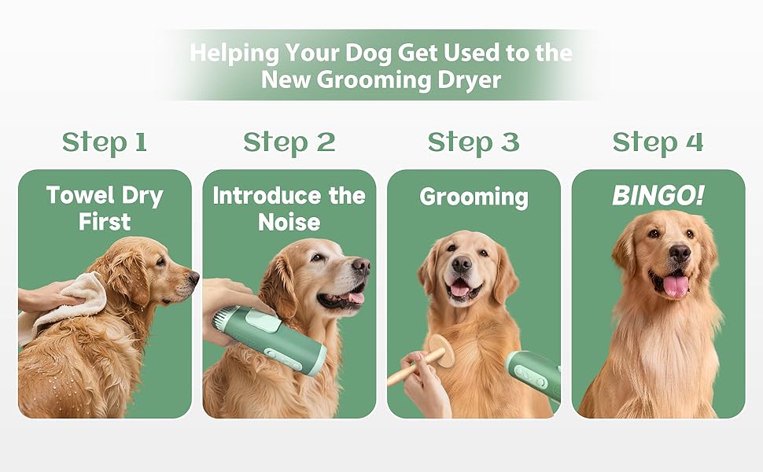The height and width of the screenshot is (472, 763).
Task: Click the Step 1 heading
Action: tap(105, 143)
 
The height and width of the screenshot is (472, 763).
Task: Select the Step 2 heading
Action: tap(289, 143)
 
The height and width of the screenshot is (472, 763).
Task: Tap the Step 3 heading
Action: tap(474, 143)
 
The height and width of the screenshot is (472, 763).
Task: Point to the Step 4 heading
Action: tap(658, 143)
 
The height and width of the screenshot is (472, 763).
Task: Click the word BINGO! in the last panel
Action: tap(658, 196)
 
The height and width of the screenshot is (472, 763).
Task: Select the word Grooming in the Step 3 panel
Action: tap(474, 197)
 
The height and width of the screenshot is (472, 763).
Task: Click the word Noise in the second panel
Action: tap(289, 223)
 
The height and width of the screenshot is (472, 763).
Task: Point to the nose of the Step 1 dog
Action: tap(194, 278)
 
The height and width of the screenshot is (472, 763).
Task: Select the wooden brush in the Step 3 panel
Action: tap(423, 359)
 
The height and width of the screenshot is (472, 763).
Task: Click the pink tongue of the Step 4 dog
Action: tap(676, 286)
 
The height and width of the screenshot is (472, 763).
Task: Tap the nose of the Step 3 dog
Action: tap(461, 264)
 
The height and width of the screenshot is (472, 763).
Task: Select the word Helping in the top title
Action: tap(234, 53)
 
